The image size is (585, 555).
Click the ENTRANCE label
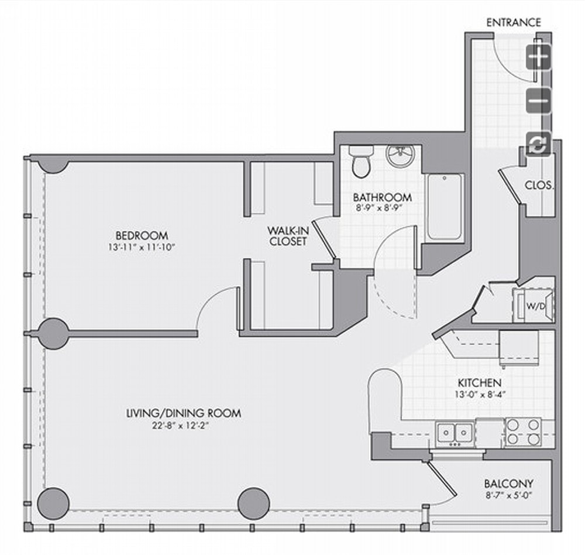click(x=514, y=22)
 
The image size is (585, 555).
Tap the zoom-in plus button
click(x=538, y=57)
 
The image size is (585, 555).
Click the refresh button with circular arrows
click(x=538, y=144)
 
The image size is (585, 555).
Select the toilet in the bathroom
click(x=361, y=162)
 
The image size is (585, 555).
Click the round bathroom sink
click(x=400, y=155)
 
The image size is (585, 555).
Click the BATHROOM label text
click(x=383, y=197)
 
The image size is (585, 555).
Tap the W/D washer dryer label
click(x=535, y=306)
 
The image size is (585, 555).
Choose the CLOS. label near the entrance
click(x=539, y=185)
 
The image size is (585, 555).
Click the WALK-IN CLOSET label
click(x=288, y=236)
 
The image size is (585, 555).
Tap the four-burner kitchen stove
click(x=523, y=431)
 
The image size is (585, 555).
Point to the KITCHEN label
click(x=480, y=383)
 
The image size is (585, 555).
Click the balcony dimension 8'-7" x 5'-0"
click(x=508, y=496)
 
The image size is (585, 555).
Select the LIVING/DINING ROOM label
click(x=184, y=413)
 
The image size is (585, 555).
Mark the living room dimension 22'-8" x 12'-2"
click(x=180, y=426)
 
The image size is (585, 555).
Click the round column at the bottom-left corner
click(x=53, y=503)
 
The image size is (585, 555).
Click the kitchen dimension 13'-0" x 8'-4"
click(x=480, y=394)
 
